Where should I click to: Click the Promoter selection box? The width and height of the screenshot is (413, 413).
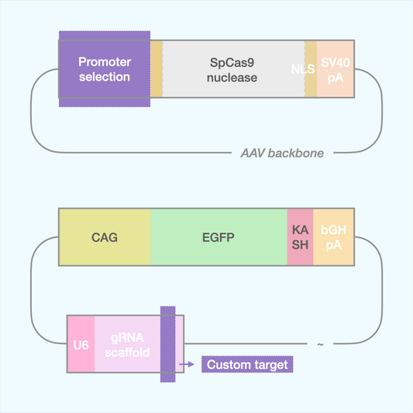[105, 69]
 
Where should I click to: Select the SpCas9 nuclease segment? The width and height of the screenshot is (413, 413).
[233, 69]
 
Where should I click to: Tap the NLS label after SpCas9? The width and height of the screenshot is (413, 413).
[303, 69]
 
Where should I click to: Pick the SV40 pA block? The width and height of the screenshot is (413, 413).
[336, 69]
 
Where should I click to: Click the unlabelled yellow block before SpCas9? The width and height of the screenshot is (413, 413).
[157, 69]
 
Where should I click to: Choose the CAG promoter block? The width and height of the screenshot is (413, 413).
[105, 237]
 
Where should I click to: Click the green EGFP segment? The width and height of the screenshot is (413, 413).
[219, 237]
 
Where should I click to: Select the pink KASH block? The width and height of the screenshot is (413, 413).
[300, 237]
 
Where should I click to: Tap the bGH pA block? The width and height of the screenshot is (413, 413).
[334, 237]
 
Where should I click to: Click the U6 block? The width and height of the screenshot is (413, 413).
[81, 344]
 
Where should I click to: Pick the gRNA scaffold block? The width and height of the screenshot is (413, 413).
[128, 344]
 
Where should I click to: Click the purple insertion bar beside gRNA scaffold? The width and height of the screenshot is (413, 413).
[167, 344]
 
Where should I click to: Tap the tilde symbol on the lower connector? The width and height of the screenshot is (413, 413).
[320, 344]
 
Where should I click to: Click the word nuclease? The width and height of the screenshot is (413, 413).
[232, 77]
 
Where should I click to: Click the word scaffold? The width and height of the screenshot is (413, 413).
[128, 353]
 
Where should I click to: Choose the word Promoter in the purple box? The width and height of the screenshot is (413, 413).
[105, 61]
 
